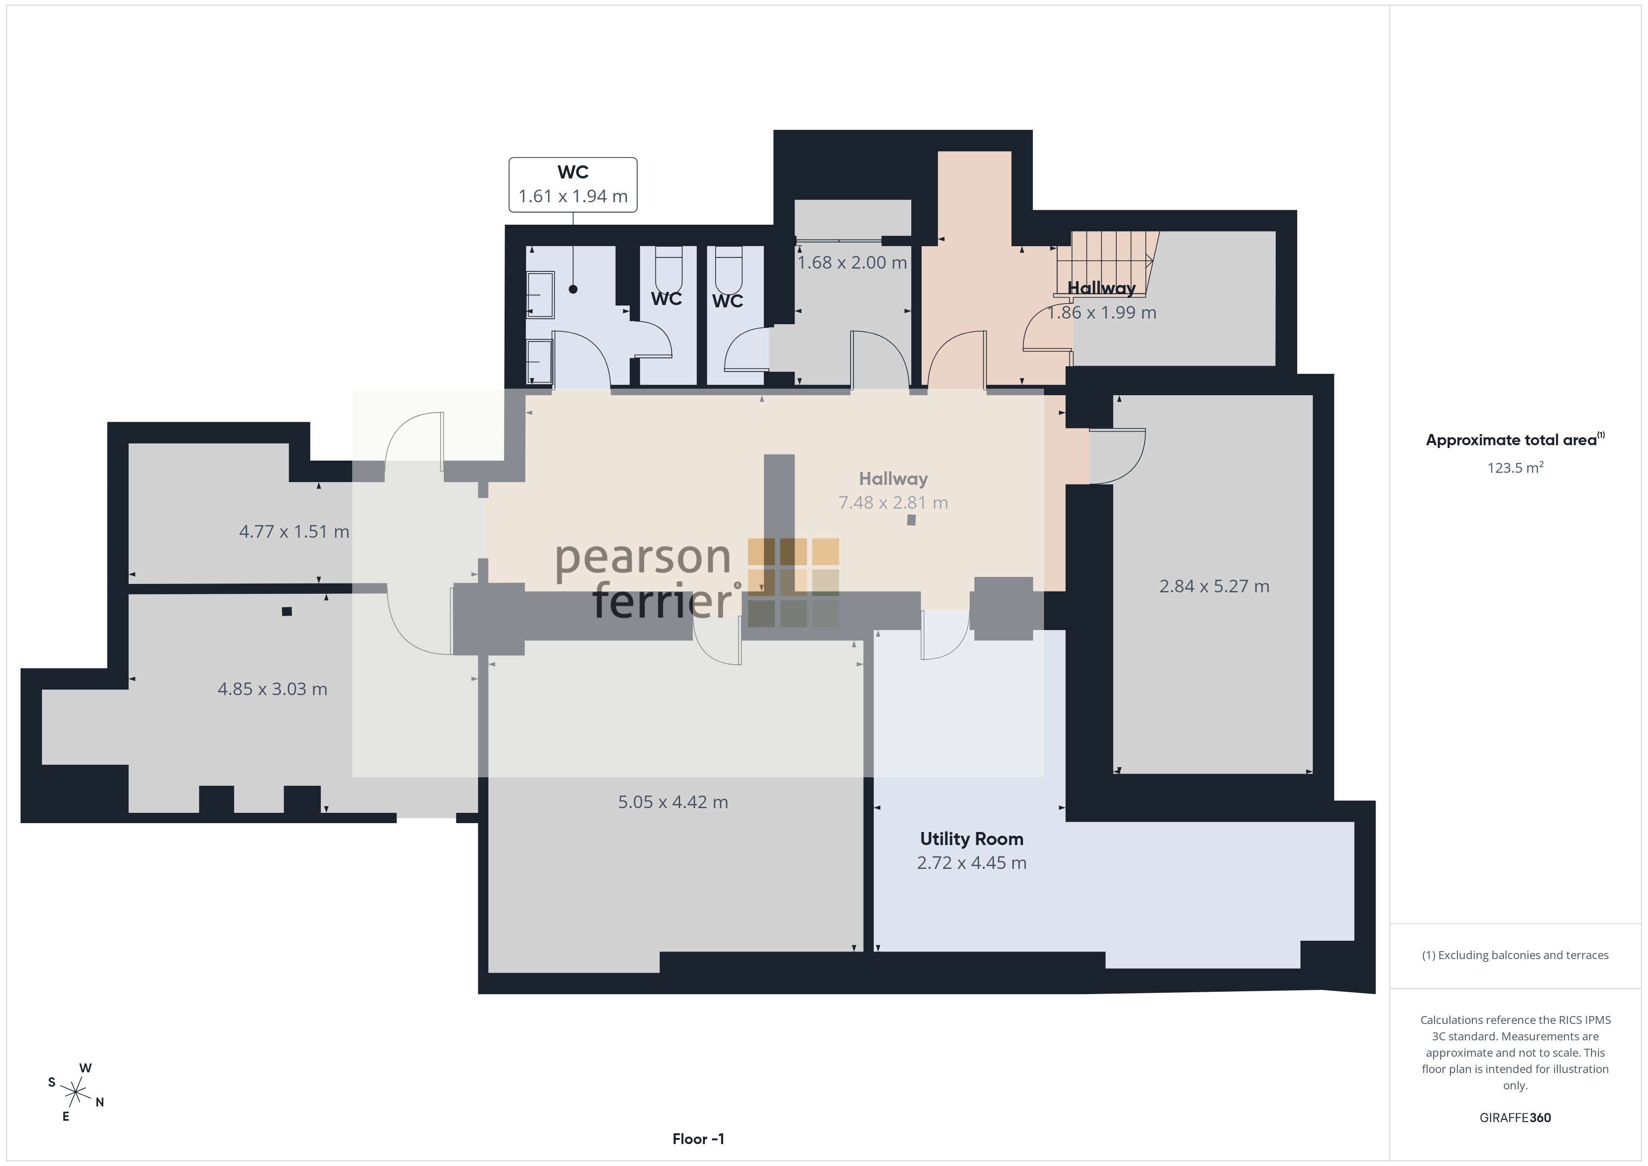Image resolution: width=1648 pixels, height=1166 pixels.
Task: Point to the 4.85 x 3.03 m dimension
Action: click(x=272, y=689)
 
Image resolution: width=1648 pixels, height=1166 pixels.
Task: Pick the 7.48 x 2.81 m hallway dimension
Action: click(x=893, y=503)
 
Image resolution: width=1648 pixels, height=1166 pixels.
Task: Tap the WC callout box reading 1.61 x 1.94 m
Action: click(x=573, y=185)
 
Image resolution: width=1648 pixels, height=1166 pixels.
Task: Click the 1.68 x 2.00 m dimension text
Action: click(x=852, y=263)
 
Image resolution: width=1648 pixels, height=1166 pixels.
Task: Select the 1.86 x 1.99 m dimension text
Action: click(x=1102, y=313)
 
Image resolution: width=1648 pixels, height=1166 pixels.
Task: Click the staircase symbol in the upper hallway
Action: click(x=1105, y=263)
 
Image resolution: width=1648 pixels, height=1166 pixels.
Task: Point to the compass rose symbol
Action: click(x=75, y=1093)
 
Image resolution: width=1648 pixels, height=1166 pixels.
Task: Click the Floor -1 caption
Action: click(x=698, y=1139)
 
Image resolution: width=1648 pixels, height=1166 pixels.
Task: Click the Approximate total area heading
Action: click(x=1514, y=440)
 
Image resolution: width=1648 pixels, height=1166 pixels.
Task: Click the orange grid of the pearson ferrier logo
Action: click(x=793, y=582)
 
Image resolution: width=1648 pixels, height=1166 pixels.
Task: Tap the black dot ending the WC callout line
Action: click(x=573, y=289)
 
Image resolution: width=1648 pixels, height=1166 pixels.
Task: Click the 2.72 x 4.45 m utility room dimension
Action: click(x=971, y=862)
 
